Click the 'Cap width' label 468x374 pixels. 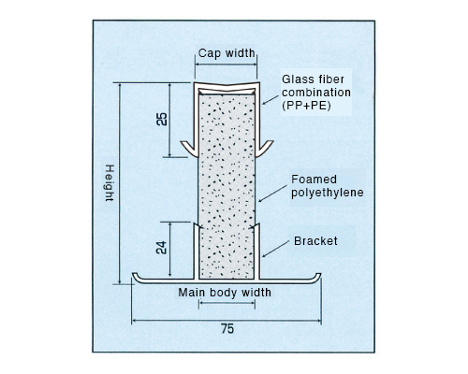pyautogui.click(x=227, y=53)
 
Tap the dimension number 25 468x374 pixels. pyautogui.click(x=162, y=119)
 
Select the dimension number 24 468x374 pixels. pyautogui.click(x=161, y=248)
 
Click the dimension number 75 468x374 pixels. pyautogui.click(x=227, y=329)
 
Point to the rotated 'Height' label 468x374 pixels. pyautogui.click(x=110, y=183)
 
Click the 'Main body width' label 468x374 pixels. pyautogui.click(x=225, y=293)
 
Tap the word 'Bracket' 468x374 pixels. pyautogui.click(x=315, y=241)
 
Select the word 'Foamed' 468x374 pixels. pyautogui.click(x=314, y=180)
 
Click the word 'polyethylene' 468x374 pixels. pyautogui.click(x=328, y=193)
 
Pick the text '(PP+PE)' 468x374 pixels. pyautogui.click(x=306, y=106)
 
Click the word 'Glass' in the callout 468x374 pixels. pyautogui.click(x=297, y=79)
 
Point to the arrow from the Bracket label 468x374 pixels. pyautogui.click(x=275, y=249)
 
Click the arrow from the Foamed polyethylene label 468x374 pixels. pyautogui.click(x=272, y=194)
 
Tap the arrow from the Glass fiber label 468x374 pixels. pyautogui.click(x=271, y=100)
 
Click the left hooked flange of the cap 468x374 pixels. pyautogui.click(x=189, y=149)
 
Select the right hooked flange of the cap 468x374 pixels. pyautogui.click(x=265, y=148)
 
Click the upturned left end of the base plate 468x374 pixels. pyautogui.click(x=136, y=277)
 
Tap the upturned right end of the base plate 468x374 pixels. pyautogui.click(x=317, y=277)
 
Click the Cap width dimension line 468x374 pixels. pyautogui.click(x=226, y=65)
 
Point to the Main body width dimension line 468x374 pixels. pyautogui.click(x=227, y=303)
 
